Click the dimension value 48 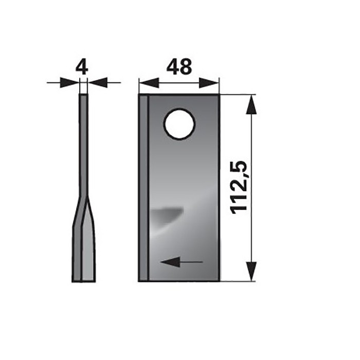coord(178,67)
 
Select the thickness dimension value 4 coord(82,67)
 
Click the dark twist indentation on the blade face coord(167,214)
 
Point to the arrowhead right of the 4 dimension coord(98,82)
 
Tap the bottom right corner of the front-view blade coord(219,280)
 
